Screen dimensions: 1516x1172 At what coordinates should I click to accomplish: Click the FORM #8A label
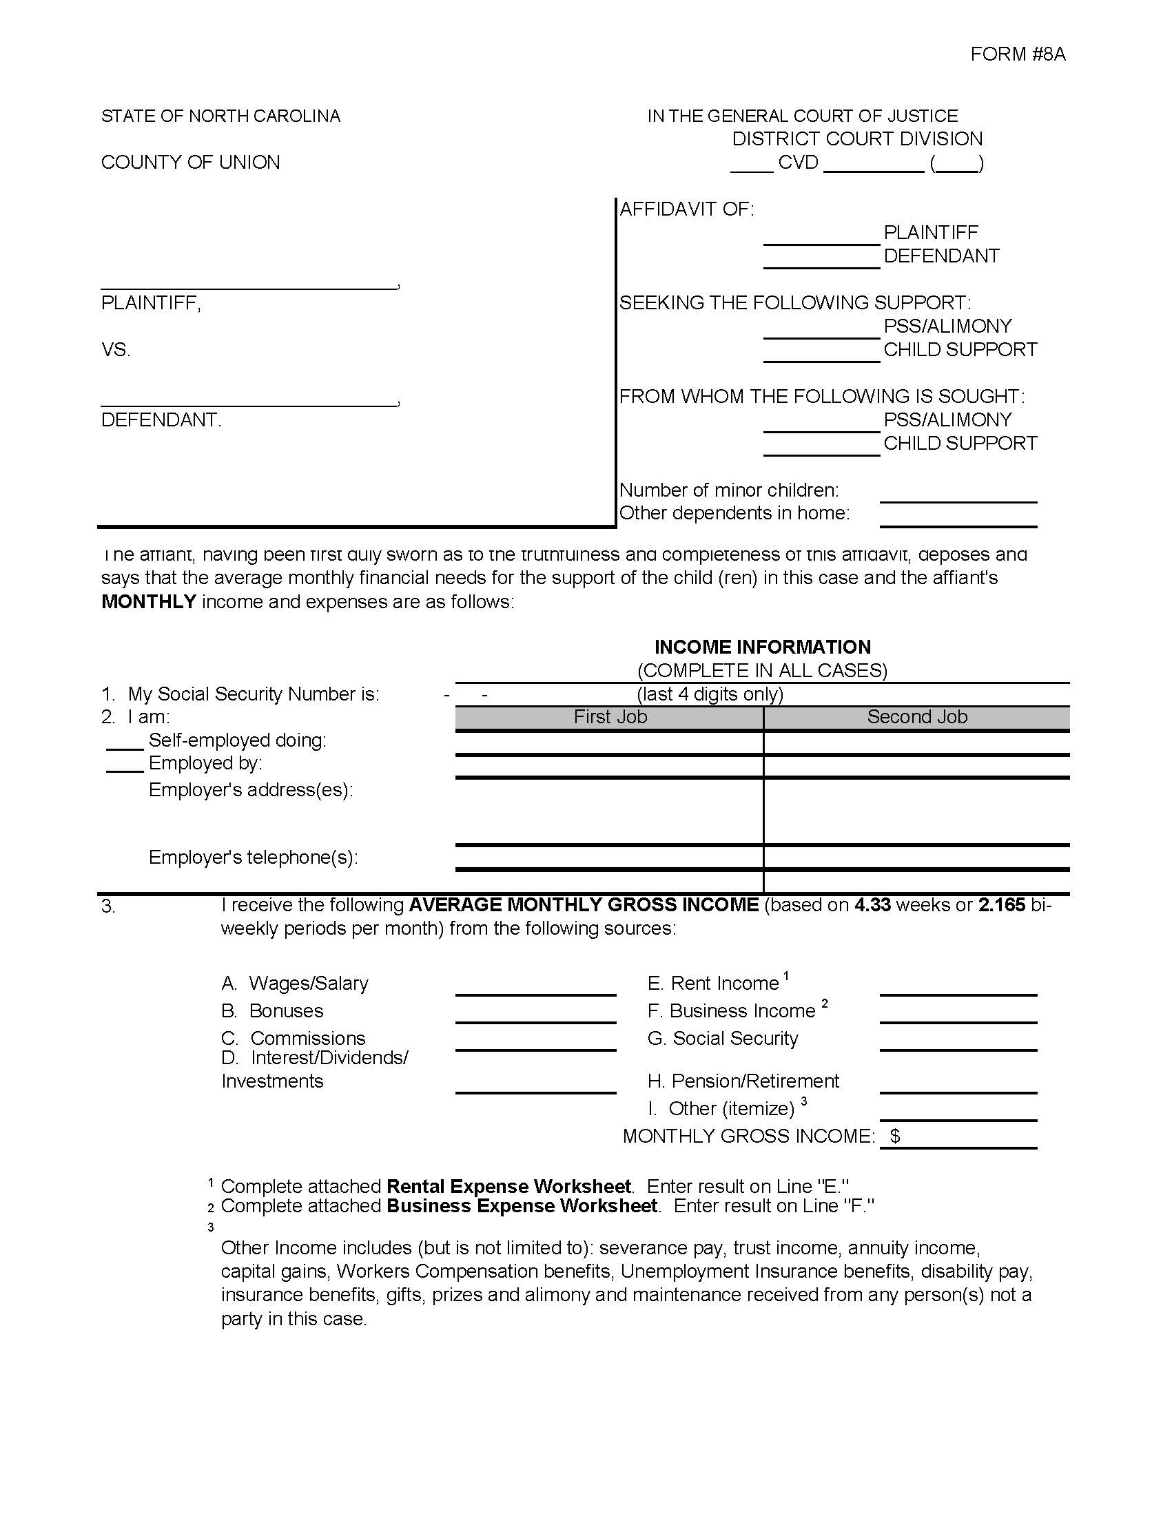(x=1017, y=54)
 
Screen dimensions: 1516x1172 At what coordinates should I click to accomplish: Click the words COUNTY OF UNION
(x=190, y=163)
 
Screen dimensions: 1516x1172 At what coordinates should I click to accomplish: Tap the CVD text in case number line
(x=798, y=163)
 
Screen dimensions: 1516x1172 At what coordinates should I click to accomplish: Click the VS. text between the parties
(x=116, y=349)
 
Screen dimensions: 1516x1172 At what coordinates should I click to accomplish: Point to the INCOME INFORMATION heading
(x=762, y=647)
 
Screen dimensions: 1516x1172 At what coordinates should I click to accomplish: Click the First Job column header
(x=610, y=717)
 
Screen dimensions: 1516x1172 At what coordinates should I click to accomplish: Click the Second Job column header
(x=916, y=717)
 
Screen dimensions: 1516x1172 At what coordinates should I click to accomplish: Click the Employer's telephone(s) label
(x=254, y=858)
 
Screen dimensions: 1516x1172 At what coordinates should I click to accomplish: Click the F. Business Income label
(x=731, y=1010)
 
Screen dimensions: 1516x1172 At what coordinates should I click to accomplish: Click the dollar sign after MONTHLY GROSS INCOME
(x=896, y=1136)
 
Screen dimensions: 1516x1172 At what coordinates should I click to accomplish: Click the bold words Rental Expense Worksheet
(x=508, y=1186)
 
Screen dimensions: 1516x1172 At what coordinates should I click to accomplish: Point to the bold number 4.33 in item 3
(x=872, y=905)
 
